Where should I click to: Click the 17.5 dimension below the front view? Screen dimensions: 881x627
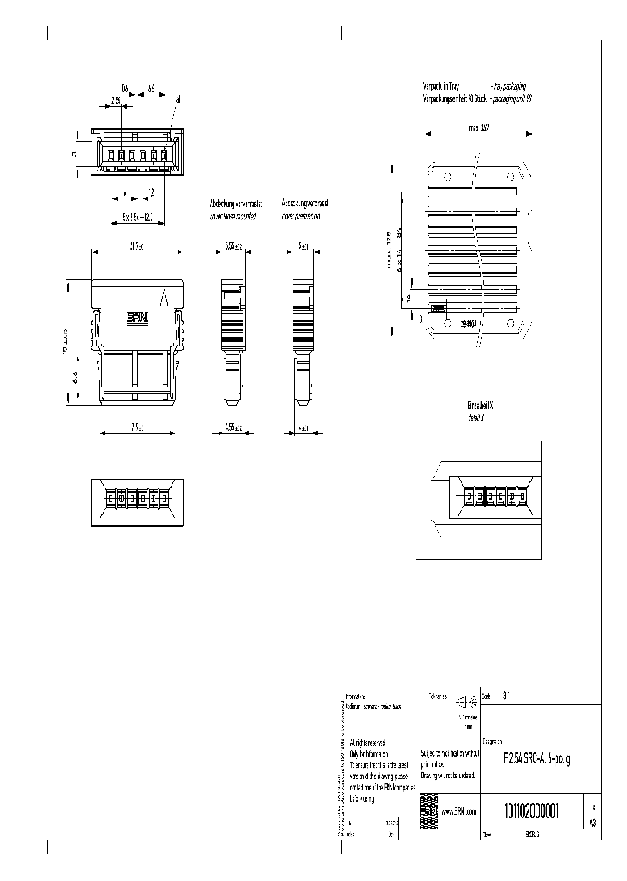[x=138, y=428]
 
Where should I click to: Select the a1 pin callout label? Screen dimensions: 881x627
[x=178, y=100]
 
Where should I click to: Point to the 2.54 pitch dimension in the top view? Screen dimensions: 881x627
[x=116, y=101]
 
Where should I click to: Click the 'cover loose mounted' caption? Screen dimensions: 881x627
[x=232, y=213]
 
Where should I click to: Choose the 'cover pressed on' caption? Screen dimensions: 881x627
[x=301, y=213]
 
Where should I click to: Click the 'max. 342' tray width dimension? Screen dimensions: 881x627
[x=478, y=127]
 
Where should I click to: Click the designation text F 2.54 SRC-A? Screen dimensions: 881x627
[x=536, y=760]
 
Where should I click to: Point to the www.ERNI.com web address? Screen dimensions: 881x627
[x=459, y=811]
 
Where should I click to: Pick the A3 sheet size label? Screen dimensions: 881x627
[x=593, y=821]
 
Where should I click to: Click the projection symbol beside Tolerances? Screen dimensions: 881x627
[x=472, y=699]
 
